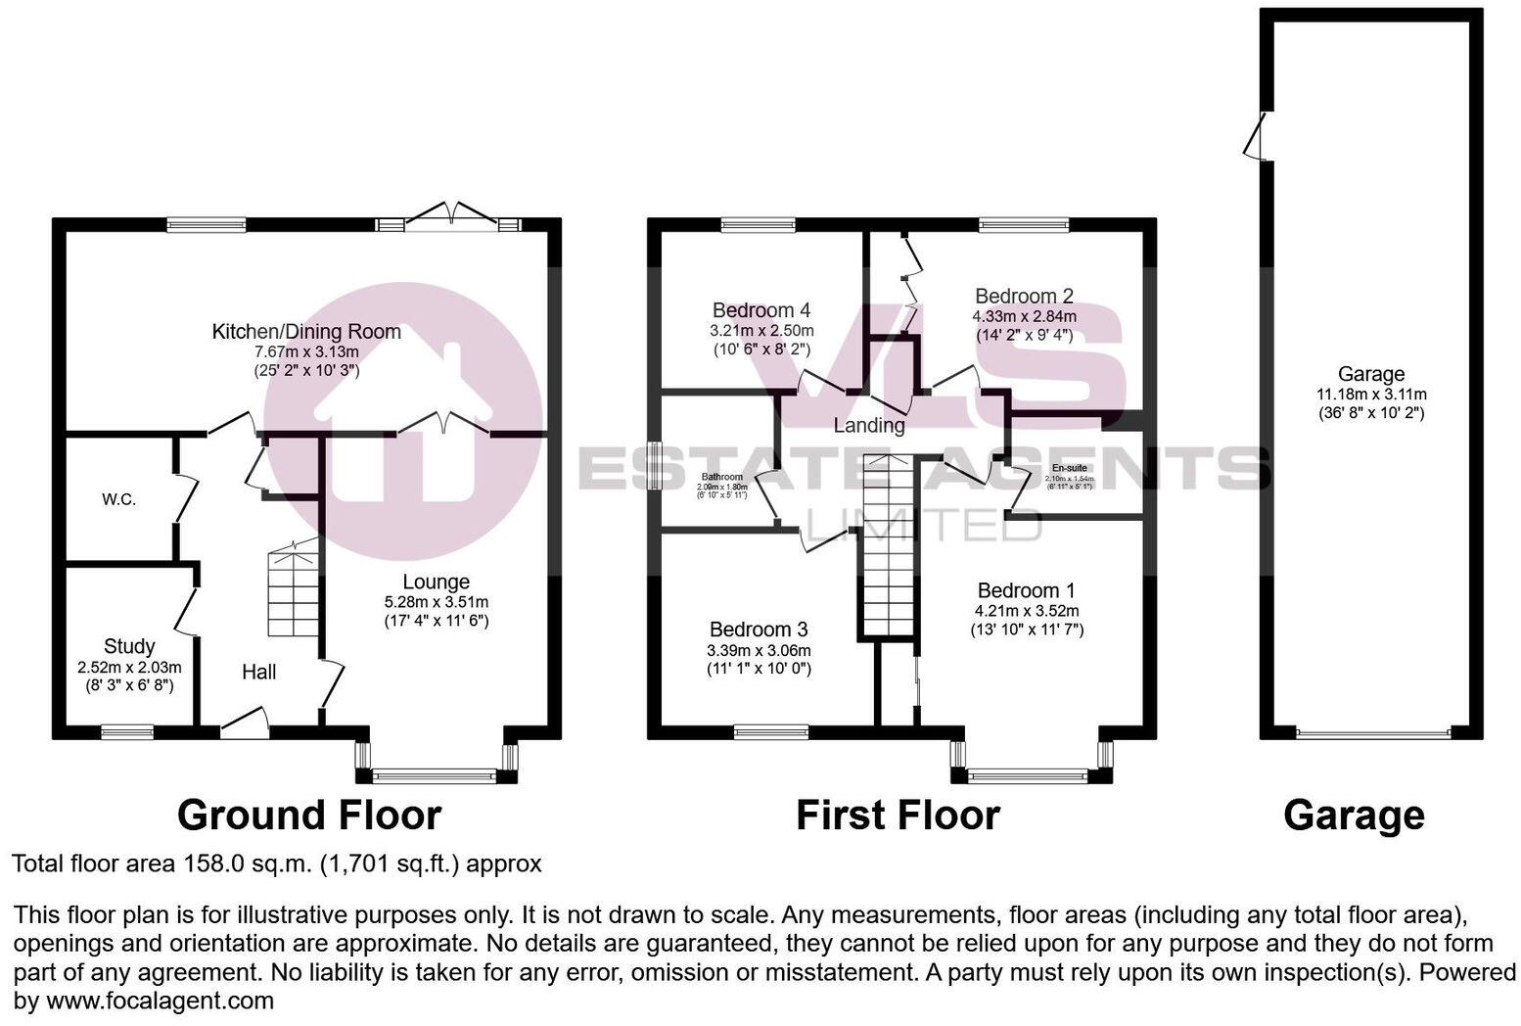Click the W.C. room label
(118, 500)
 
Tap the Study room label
(129, 646)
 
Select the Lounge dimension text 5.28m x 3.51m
(437, 602)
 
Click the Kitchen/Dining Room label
(306, 332)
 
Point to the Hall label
(259, 672)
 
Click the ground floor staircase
(294, 592)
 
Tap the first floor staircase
(888, 548)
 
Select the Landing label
(869, 425)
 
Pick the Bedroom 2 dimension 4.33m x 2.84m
(1024, 316)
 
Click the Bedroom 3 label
(759, 630)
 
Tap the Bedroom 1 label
(1027, 590)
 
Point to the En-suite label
(1069, 468)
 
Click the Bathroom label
(720, 477)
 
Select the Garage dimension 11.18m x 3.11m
(1371, 395)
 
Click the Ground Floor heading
(309, 815)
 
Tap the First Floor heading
(898, 815)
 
